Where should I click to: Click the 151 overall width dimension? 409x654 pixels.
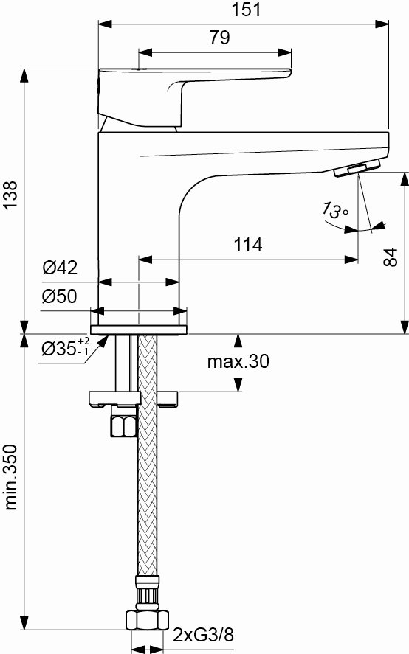click(x=246, y=10)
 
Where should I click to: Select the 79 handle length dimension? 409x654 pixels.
click(x=220, y=38)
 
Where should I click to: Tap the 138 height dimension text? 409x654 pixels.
click(x=10, y=195)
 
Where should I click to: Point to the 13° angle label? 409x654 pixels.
click(x=334, y=210)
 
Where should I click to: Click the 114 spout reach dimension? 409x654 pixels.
click(x=248, y=245)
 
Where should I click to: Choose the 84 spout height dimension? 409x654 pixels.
click(x=391, y=257)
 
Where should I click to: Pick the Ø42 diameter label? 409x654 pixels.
click(x=60, y=268)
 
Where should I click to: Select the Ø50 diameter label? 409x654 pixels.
click(x=59, y=296)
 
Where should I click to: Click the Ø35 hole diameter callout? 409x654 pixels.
click(x=66, y=347)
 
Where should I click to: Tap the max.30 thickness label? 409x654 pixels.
click(x=238, y=361)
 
